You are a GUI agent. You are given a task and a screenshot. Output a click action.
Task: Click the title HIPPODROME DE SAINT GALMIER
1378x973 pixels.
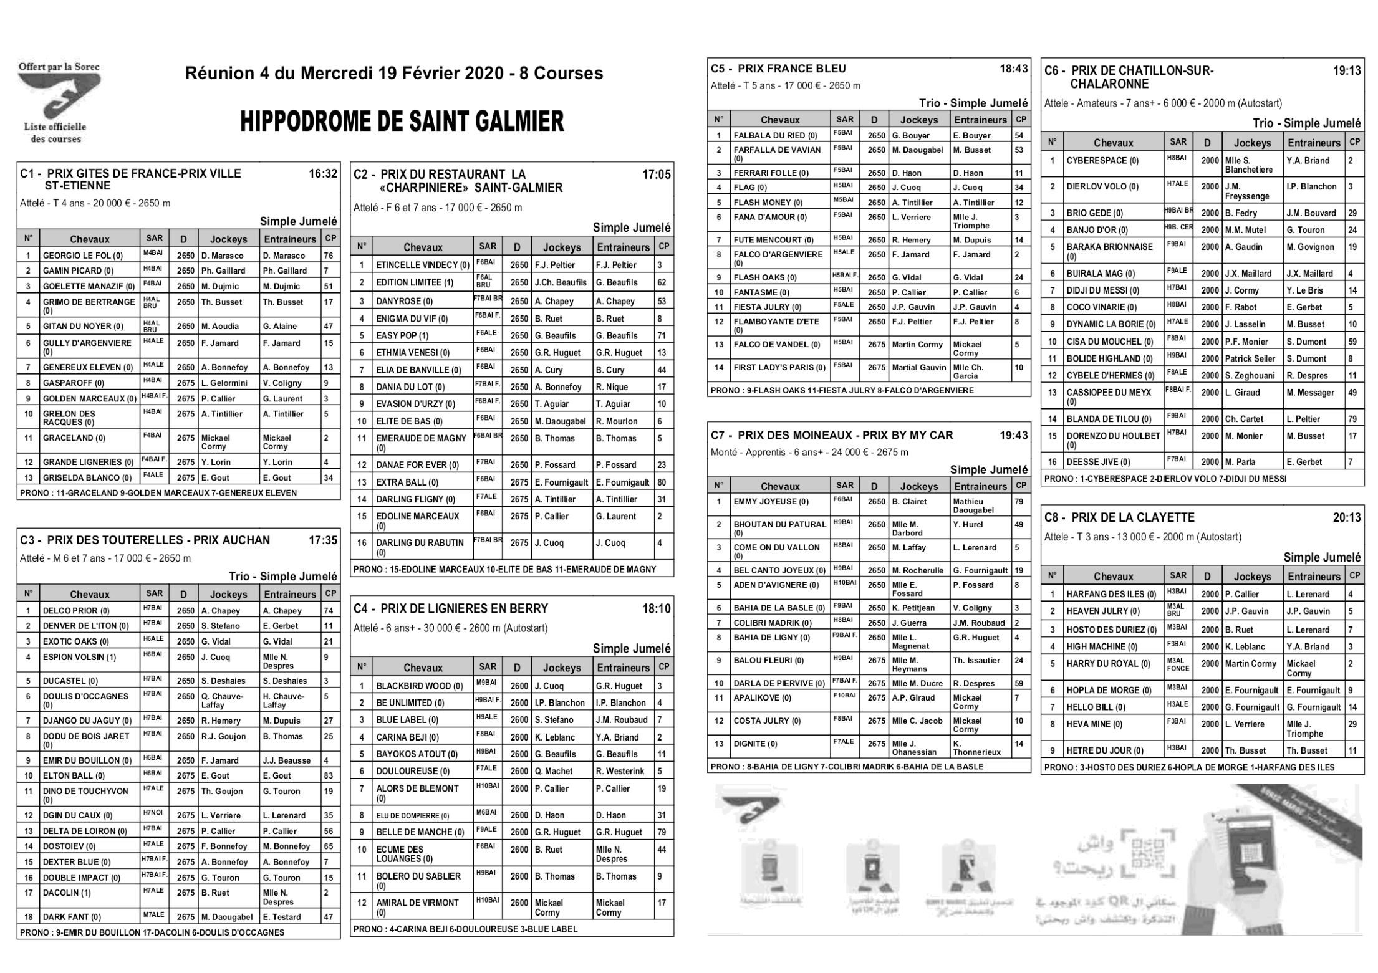(402, 122)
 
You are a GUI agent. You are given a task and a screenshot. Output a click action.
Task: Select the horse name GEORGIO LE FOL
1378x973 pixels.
(82, 256)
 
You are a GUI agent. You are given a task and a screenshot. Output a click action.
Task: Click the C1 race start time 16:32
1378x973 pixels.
(323, 174)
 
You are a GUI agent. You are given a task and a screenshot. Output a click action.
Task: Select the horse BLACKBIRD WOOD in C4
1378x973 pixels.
(420, 686)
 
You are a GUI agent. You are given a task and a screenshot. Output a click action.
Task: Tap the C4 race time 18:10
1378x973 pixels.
(657, 608)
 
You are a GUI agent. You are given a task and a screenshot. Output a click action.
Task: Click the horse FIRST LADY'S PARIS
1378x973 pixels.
(779, 368)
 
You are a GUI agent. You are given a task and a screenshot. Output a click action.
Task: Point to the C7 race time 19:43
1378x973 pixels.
(1014, 435)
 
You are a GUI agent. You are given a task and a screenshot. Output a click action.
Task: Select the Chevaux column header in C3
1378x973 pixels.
(90, 595)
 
